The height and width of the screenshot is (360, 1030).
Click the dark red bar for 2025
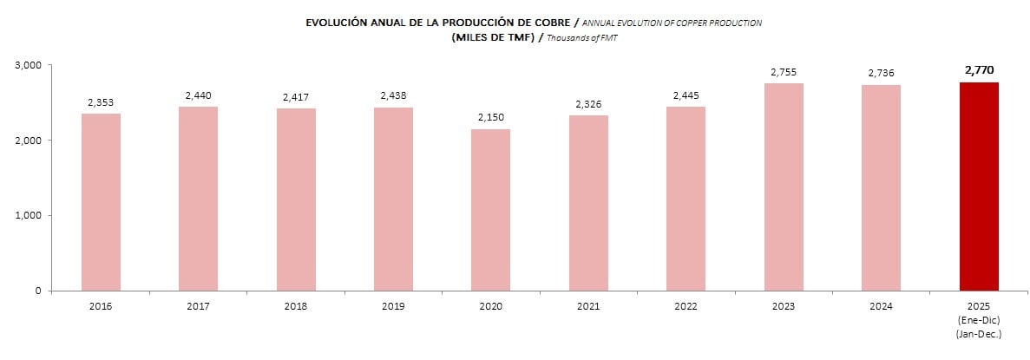(x=979, y=187)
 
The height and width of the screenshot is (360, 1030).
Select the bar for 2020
(x=491, y=210)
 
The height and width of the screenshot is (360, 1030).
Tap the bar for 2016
(x=101, y=202)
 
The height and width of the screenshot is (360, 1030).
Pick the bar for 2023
(x=784, y=187)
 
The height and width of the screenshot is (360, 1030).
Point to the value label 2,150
(x=491, y=116)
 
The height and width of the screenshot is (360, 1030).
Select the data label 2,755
(x=784, y=71)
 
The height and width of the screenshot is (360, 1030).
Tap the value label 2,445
(x=686, y=95)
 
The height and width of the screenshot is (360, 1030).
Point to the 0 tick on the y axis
(x=38, y=291)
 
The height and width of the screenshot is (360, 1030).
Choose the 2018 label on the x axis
(x=296, y=306)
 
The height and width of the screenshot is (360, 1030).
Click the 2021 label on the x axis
(x=588, y=306)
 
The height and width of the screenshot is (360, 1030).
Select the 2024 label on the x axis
(x=882, y=306)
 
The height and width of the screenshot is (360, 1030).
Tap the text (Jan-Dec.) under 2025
(x=979, y=333)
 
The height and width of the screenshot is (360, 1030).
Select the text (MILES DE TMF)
(x=493, y=38)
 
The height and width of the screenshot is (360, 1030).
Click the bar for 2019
(x=393, y=199)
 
